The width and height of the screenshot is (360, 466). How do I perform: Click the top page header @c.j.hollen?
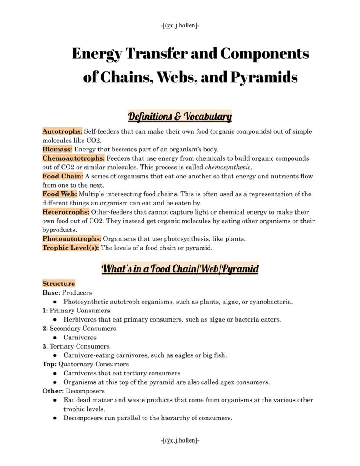[180, 25]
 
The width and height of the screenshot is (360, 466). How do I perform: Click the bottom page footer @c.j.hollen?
[180, 440]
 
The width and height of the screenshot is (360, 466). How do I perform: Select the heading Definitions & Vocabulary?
[180, 117]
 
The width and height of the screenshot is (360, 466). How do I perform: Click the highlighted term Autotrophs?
[62, 131]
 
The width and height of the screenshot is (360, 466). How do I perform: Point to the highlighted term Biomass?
[57, 149]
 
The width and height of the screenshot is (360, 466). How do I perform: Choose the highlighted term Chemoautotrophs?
[73, 158]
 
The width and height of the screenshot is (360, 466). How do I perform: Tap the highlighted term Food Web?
[60, 194]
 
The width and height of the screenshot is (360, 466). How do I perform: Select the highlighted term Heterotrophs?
[66, 212]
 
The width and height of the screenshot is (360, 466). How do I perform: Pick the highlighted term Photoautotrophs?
[72, 239]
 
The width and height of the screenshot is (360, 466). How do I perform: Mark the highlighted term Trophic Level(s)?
[70, 248]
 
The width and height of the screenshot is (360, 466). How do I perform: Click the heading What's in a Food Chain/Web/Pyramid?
[180, 268]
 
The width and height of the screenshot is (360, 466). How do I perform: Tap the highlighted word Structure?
[59, 284]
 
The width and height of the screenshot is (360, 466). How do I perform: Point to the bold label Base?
[51, 292]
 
